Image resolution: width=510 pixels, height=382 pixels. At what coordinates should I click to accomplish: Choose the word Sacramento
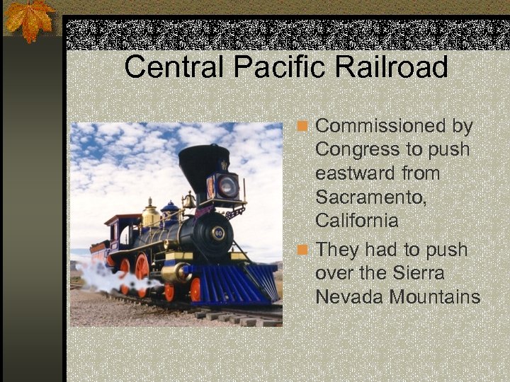370,197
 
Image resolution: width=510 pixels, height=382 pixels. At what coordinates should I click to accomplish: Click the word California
356,220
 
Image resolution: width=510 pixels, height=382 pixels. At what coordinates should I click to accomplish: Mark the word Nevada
348,297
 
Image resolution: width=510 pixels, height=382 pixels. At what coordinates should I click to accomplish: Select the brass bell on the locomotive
188,200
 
